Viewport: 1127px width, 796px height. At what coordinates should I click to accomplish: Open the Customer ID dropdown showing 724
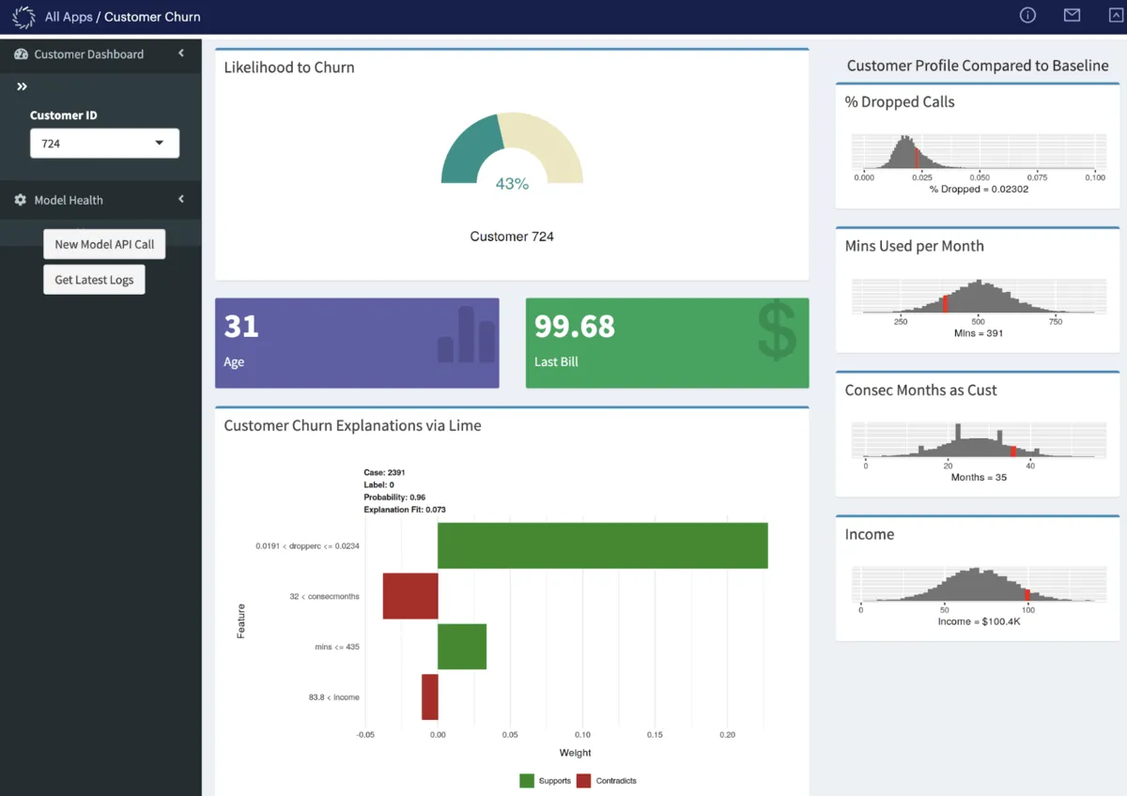pos(104,144)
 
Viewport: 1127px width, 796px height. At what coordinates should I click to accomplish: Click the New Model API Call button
pos(104,244)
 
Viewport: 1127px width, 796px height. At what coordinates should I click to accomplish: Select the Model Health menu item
pos(69,200)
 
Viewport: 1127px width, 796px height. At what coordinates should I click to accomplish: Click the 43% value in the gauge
pos(512,184)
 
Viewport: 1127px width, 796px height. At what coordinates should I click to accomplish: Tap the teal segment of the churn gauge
pos(468,151)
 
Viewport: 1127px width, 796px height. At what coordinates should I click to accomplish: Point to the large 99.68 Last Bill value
pos(575,327)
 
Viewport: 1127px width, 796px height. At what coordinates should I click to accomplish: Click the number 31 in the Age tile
pos(241,327)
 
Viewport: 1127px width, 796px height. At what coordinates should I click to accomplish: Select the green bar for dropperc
pos(602,545)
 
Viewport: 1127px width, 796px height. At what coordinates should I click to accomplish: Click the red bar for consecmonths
pos(410,596)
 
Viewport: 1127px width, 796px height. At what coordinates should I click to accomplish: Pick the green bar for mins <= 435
pos(462,647)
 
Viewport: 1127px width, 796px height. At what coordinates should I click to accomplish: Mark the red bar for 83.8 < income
pos(429,696)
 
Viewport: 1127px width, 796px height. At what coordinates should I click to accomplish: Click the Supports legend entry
pos(546,781)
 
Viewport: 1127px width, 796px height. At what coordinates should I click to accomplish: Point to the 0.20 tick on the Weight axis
pos(727,735)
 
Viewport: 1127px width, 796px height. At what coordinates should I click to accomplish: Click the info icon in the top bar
pos(1027,15)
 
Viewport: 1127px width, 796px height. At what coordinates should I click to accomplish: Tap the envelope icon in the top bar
pos(1072,15)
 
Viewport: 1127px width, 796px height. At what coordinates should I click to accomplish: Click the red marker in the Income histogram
pos(1027,594)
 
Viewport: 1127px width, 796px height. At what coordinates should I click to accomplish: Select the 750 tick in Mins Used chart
pos(1056,321)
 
